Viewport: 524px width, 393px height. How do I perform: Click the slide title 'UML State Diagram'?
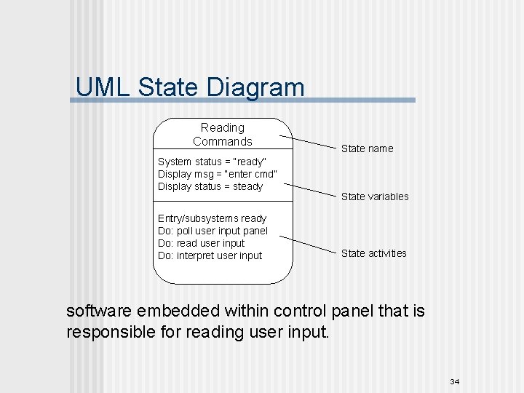(x=190, y=87)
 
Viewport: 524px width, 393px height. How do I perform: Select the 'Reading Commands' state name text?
(x=223, y=135)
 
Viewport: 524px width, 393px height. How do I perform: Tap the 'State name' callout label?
(x=367, y=148)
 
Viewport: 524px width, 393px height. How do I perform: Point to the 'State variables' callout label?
(x=375, y=196)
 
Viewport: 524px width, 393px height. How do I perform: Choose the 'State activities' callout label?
(x=373, y=253)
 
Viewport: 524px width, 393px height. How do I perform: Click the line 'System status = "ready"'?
(x=212, y=162)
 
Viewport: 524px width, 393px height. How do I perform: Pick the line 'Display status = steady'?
(x=210, y=186)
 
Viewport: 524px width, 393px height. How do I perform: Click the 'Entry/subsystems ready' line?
(x=212, y=218)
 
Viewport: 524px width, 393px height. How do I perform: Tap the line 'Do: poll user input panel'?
(x=213, y=231)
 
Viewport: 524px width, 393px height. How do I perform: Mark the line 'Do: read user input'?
(x=201, y=243)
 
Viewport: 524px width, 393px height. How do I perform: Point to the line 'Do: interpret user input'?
(x=210, y=255)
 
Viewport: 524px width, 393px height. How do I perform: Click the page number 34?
(x=455, y=382)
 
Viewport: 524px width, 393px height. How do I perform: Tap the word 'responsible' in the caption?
(x=114, y=333)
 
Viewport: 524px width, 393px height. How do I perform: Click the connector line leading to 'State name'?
(x=309, y=141)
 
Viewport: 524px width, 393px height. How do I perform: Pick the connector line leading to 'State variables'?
(x=309, y=187)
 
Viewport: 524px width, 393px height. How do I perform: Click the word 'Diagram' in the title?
(x=255, y=87)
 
